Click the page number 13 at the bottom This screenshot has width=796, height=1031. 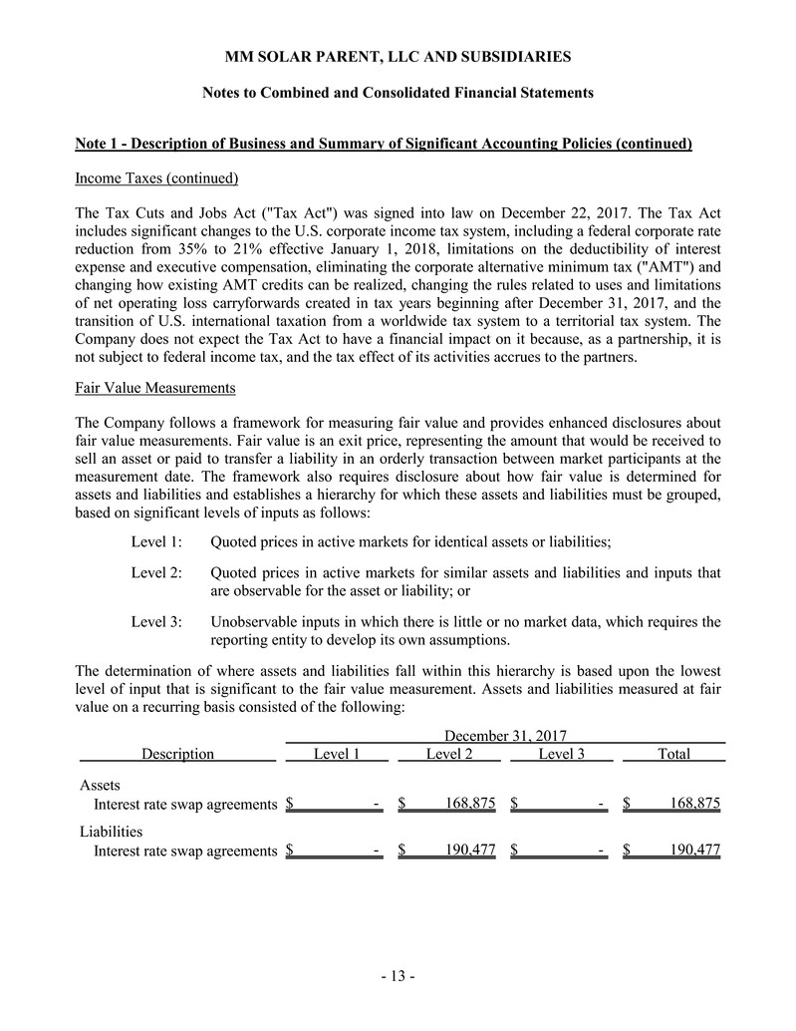coord(398,976)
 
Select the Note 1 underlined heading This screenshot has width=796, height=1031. coord(384,144)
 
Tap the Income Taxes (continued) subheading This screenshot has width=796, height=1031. coord(156,178)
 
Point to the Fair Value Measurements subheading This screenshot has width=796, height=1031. coord(154,386)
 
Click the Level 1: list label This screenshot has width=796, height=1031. coord(156,541)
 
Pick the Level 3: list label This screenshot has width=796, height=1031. coord(156,622)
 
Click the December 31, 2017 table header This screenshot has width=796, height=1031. coord(504,736)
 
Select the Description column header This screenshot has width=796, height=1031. coord(177,754)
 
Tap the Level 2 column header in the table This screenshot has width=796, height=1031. coord(449,754)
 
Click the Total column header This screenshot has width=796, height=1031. coord(673,754)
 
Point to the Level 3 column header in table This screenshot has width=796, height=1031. coord(562,754)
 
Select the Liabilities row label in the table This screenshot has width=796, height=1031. coord(111,831)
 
